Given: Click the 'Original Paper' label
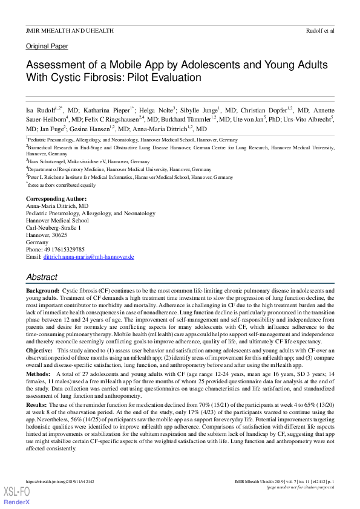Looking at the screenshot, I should click(47, 47).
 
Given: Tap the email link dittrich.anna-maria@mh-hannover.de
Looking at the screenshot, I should click(88, 257).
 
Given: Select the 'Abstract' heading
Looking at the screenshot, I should click(42, 276).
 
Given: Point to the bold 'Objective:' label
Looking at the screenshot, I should click(39, 351).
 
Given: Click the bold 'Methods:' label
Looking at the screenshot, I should click(39, 374).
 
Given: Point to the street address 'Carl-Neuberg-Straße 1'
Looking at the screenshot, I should click(53, 228).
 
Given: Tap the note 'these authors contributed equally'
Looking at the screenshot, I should click(55, 185).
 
